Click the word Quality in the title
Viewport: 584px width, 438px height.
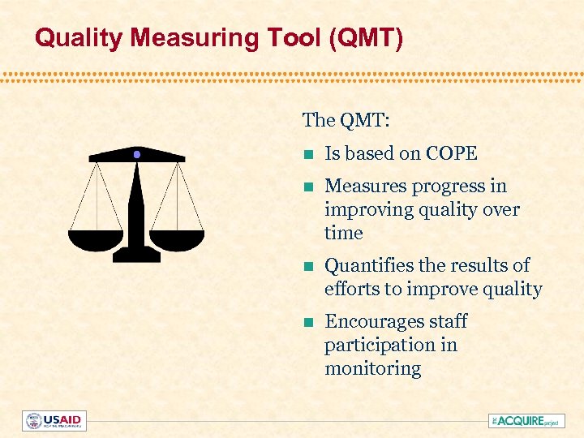[x=75, y=37]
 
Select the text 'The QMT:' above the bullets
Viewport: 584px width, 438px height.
[x=346, y=121]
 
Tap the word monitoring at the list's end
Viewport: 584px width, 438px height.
[x=372, y=368]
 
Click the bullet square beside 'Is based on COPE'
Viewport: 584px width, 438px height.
[x=307, y=154]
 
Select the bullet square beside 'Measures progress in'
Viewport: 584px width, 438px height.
[x=307, y=187]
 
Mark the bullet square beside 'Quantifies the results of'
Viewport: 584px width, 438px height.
[x=307, y=266]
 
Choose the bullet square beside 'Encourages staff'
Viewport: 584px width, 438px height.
[x=307, y=322]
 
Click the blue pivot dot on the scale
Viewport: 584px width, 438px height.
[x=137, y=154]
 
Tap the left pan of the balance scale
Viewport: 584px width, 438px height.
[x=96, y=239]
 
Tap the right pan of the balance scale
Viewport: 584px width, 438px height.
[x=178, y=239]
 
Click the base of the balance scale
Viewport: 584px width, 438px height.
[x=136, y=255]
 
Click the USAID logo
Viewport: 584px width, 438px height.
[x=54, y=421]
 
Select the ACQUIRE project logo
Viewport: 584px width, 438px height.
[x=526, y=421]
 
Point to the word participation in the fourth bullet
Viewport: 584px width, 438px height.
[x=367, y=345]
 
